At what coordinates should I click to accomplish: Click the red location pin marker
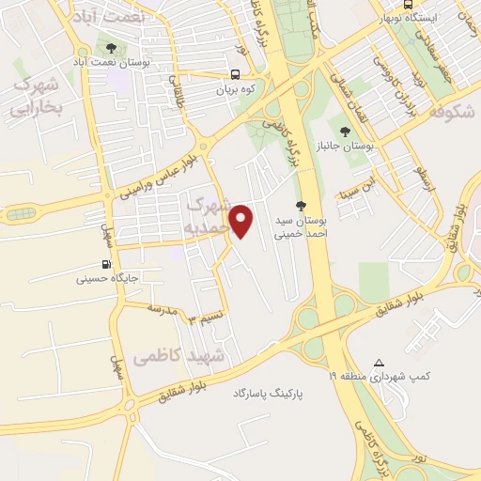[243, 220]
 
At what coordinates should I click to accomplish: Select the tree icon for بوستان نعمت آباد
[113, 47]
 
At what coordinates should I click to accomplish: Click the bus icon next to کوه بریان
[235, 75]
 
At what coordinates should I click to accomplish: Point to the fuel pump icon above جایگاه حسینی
[105, 264]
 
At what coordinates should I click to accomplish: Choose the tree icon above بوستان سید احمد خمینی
[301, 206]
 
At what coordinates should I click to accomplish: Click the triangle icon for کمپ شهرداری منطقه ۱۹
[379, 363]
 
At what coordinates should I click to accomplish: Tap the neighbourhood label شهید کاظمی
[178, 357]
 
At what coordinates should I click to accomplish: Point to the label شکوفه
[447, 112]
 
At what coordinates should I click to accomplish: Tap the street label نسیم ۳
[207, 318]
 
